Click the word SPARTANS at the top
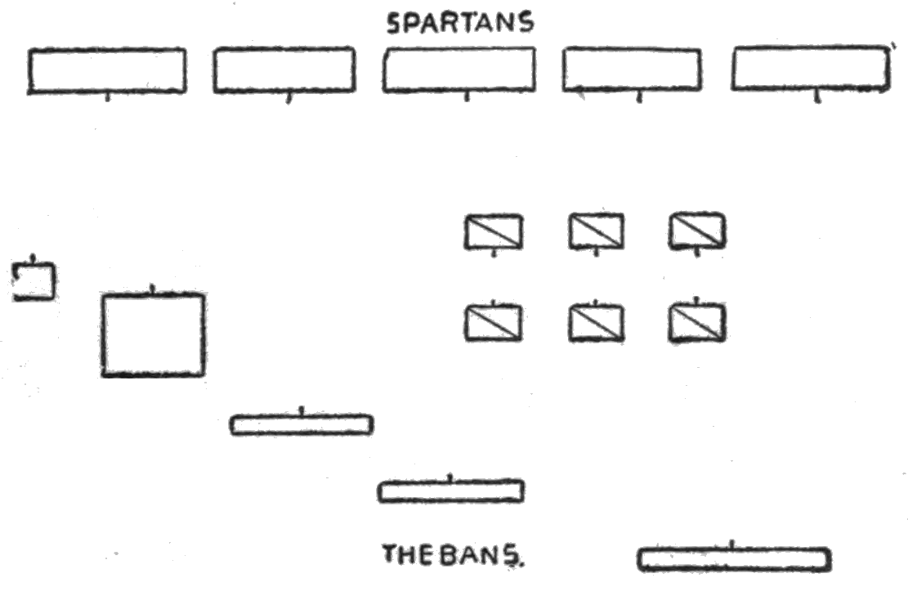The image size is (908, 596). [460, 24]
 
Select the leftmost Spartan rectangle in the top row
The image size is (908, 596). [107, 71]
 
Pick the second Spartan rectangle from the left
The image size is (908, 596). [284, 70]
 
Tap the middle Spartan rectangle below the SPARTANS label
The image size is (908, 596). [459, 70]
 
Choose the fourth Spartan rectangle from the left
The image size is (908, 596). [631, 70]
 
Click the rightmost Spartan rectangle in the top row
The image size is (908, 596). [810, 69]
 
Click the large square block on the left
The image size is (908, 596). [153, 335]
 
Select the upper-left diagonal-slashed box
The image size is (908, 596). [494, 231]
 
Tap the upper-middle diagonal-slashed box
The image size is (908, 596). [596, 231]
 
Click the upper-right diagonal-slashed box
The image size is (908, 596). [697, 231]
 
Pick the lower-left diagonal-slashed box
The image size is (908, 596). [494, 323]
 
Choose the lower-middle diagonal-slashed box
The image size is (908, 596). [596, 323]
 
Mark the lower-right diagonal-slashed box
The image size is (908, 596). [697, 323]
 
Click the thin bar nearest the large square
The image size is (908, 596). [302, 425]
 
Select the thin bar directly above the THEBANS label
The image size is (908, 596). [450, 491]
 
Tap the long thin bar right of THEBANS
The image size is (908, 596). [734, 559]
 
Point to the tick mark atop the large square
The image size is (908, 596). [152, 289]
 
